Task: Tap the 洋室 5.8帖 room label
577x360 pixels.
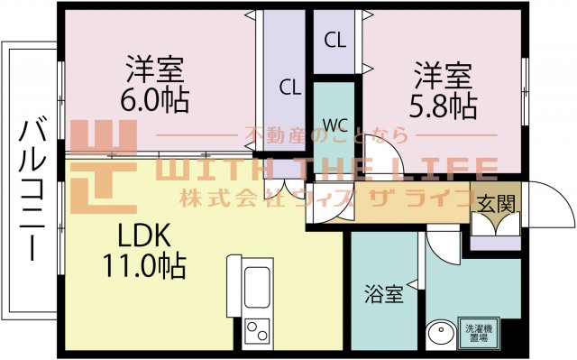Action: click(x=444, y=89)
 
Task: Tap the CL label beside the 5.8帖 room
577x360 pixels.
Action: click(x=334, y=40)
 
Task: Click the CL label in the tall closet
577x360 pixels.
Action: click(x=288, y=88)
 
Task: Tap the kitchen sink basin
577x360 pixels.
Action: click(x=256, y=281)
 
